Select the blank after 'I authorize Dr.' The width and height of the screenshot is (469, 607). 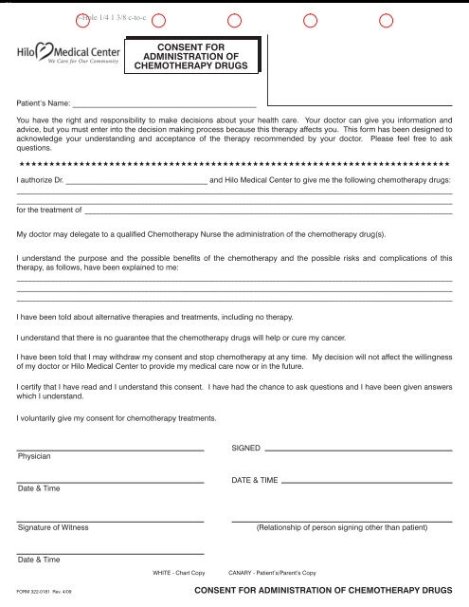[135, 181]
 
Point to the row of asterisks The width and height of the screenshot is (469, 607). [234, 165]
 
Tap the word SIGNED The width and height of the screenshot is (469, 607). [245, 447]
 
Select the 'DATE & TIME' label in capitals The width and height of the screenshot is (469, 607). [255, 481]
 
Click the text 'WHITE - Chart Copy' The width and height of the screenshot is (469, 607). [179, 574]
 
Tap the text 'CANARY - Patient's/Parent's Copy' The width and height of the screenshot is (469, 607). [273, 574]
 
